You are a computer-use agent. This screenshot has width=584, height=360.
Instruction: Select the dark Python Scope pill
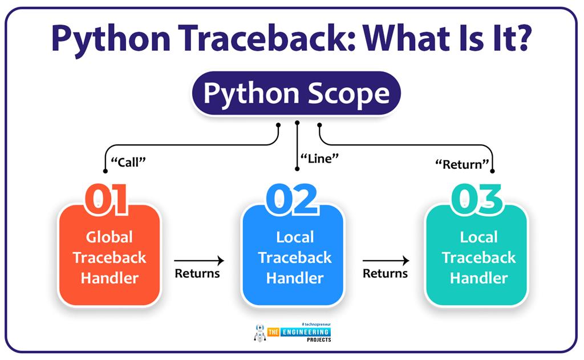[x=296, y=94]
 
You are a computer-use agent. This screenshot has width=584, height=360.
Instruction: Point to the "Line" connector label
[x=315, y=159]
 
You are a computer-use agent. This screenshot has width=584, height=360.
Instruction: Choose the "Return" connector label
[x=462, y=164]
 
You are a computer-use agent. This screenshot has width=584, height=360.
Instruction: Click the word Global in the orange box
[x=109, y=237]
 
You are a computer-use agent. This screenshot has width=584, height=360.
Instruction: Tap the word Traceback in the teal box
[x=478, y=257]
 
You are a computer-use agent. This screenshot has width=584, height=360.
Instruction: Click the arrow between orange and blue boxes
[x=200, y=261]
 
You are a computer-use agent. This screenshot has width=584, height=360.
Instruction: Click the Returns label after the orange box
[x=197, y=273]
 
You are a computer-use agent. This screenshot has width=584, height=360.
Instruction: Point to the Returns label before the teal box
[x=386, y=273]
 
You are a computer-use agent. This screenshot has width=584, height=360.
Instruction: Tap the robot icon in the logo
[x=260, y=333]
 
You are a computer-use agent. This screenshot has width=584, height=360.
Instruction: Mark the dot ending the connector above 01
[x=105, y=171]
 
